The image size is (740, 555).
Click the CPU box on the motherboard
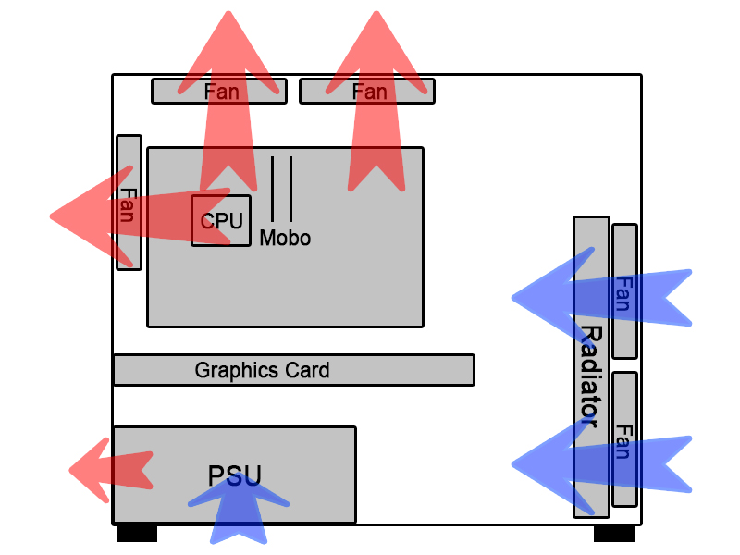tap(221, 220)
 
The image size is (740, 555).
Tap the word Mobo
tap(285, 239)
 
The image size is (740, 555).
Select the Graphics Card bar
tap(293, 370)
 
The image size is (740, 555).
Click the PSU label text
tap(235, 476)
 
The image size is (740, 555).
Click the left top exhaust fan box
tap(219, 91)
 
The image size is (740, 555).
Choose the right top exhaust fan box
tap(367, 91)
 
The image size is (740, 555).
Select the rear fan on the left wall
tap(129, 203)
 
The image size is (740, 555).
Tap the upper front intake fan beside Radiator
tap(624, 291)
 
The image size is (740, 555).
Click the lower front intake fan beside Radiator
tap(624, 439)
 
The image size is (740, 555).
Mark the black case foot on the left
tap(137, 534)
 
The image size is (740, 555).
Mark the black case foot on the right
tap(614, 534)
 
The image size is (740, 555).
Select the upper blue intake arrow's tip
tap(515, 298)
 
